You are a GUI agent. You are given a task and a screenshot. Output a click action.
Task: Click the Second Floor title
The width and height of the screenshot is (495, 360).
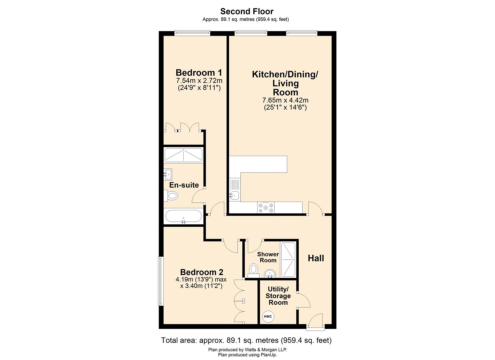[x=247, y=11]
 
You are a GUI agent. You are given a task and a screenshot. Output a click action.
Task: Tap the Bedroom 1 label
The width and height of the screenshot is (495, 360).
[x=199, y=72]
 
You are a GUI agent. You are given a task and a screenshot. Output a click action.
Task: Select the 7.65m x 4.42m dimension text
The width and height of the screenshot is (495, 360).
[x=285, y=100]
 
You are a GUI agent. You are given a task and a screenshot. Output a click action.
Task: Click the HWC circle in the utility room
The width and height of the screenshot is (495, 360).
[x=268, y=317]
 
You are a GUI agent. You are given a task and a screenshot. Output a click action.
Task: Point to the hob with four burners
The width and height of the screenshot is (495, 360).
[x=266, y=208]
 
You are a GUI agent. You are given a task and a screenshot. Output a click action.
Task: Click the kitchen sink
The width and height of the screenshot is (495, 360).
[x=234, y=195]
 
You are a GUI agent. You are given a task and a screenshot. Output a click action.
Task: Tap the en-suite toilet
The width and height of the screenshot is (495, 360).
[x=172, y=196]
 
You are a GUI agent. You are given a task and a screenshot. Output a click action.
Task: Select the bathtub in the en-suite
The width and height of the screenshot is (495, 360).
[x=183, y=217]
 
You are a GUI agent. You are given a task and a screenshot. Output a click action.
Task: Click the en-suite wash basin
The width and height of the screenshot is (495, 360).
[x=168, y=174]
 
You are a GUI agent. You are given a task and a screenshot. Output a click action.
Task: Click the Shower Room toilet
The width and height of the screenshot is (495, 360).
[x=254, y=270]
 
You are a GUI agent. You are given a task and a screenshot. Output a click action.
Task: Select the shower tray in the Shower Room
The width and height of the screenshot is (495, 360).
[x=288, y=260]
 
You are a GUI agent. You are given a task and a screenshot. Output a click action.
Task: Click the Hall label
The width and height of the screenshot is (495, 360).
[x=316, y=258]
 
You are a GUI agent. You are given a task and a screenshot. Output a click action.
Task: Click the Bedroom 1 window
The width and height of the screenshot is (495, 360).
[x=192, y=33]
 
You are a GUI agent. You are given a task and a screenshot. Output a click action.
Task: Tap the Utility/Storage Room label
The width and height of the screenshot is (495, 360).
[x=278, y=296]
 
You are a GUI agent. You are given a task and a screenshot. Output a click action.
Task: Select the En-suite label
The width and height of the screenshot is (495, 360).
[x=184, y=185]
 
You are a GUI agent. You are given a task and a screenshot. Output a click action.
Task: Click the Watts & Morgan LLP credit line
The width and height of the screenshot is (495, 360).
[x=247, y=350]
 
